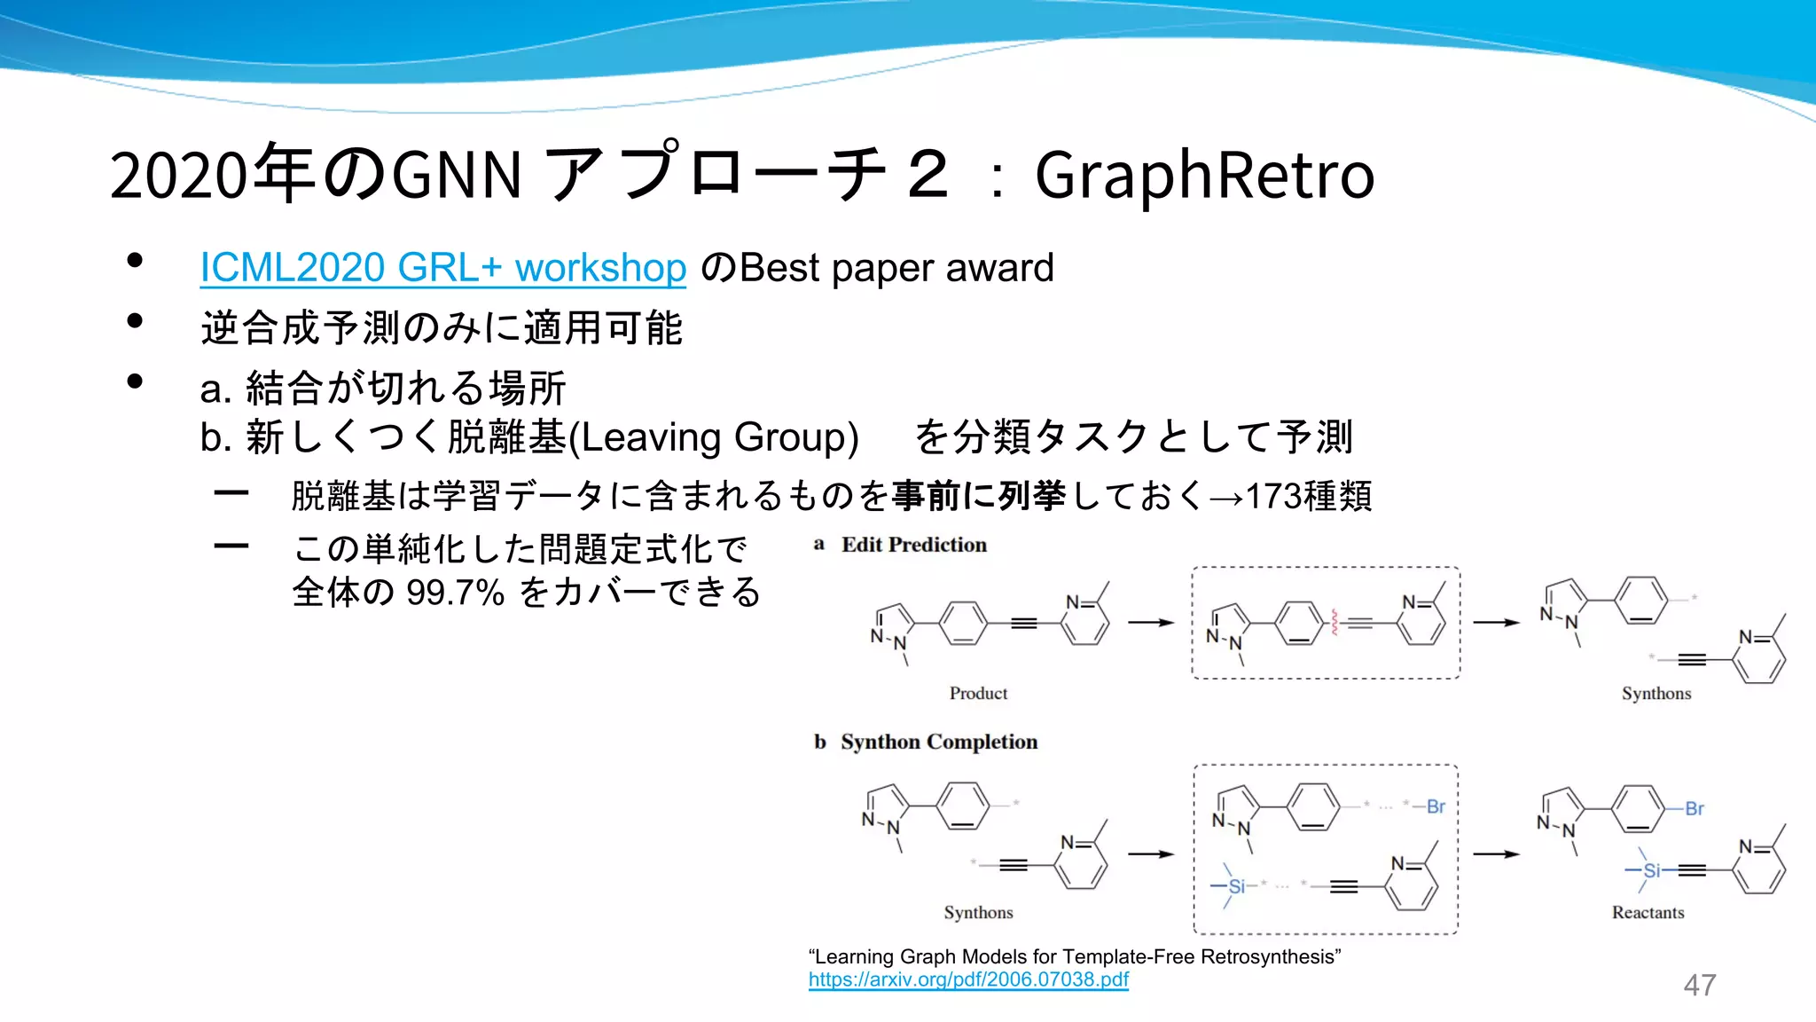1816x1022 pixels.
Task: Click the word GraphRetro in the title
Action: (1204, 176)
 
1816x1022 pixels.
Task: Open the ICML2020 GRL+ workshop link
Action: (442, 268)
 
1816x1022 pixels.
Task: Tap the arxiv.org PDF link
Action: (968, 979)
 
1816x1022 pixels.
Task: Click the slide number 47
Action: (1699, 985)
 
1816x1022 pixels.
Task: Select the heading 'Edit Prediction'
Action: (913, 545)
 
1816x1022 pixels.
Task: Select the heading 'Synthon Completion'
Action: (938, 742)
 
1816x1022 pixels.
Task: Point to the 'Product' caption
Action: (978, 693)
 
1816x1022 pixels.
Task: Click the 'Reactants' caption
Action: (1648, 912)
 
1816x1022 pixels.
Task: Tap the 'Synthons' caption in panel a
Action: (1656, 693)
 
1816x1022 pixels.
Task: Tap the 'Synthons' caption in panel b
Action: (978, 912)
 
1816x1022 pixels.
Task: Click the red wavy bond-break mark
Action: (1334, 622)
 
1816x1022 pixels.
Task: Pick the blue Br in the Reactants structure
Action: (1695, 808)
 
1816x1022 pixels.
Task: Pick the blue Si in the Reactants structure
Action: (1651, 870)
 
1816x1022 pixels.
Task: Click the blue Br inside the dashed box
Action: (1436, 806)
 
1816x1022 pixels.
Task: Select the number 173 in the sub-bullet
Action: (1273, 496)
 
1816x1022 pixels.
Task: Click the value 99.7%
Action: (455, 593)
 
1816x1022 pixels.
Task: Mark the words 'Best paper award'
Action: (896, 268)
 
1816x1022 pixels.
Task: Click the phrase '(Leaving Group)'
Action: (713, 437)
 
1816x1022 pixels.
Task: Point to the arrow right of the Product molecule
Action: (1151, 623)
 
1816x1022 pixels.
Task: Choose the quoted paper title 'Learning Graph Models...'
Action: (1075, 956)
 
